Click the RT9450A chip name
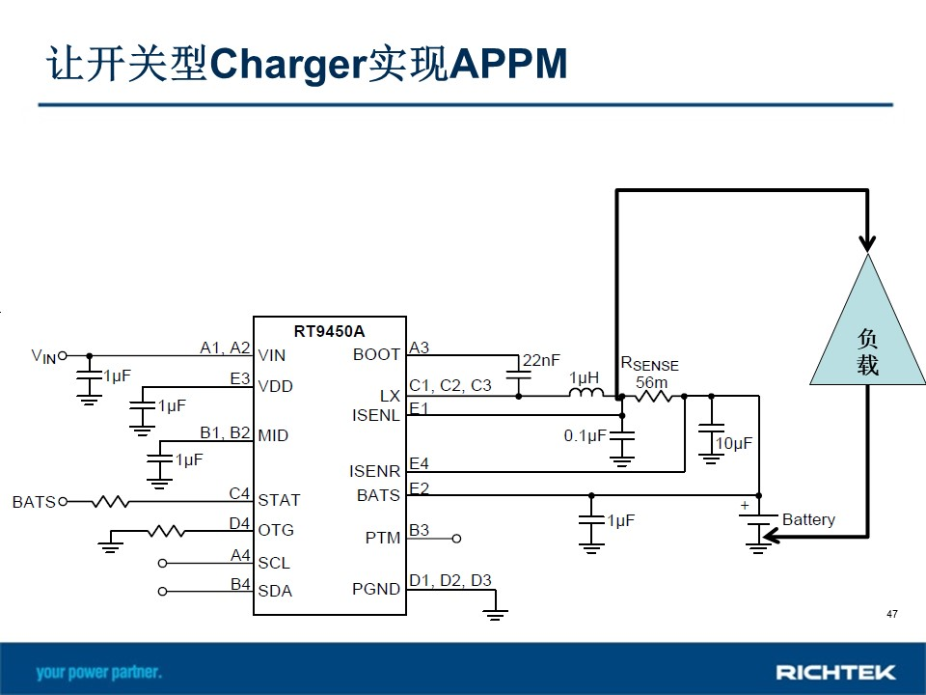(329, 331)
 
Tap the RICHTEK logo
(835, 673)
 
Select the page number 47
(891, 614)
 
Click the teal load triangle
(867, 331)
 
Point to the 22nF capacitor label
(541, 360)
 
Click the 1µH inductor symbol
(586, 392)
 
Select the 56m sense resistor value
(651, 382)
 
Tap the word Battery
(808, 519)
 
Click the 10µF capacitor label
(734, 443)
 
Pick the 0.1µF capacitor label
(585, 436)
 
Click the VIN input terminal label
(43, 356)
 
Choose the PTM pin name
(383, 538)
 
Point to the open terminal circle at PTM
(456, 539)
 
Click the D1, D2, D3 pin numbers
(450, 580)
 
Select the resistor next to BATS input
(110, 502)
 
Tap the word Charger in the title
(287, 65)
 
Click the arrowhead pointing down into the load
(867, 243)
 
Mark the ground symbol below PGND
(495, 614)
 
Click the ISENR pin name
(374, 471)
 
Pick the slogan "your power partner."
(99, 673)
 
